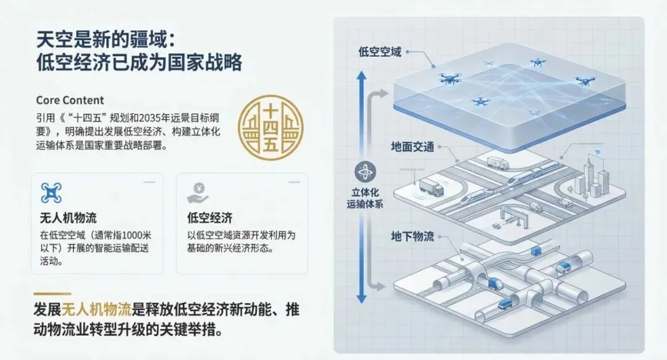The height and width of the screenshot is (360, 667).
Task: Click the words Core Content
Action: click(x=70, y=100)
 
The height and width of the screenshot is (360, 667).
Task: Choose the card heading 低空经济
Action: click(x=209, y=218)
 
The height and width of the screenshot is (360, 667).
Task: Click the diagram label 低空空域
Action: click(x=380, y=52)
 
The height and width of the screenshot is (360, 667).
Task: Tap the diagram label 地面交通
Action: click(x=413, y=147)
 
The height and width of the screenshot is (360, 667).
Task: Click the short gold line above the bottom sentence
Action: click(x=52, y=294)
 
